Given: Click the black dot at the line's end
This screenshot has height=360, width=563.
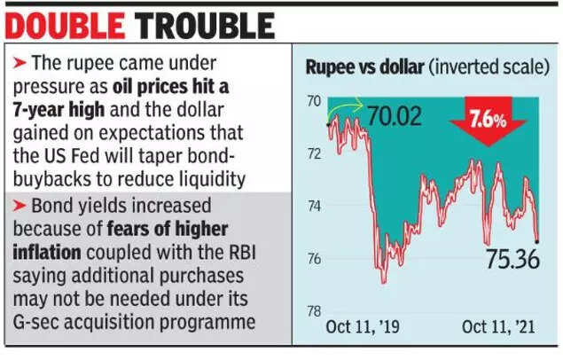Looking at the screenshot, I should (538, 239).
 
